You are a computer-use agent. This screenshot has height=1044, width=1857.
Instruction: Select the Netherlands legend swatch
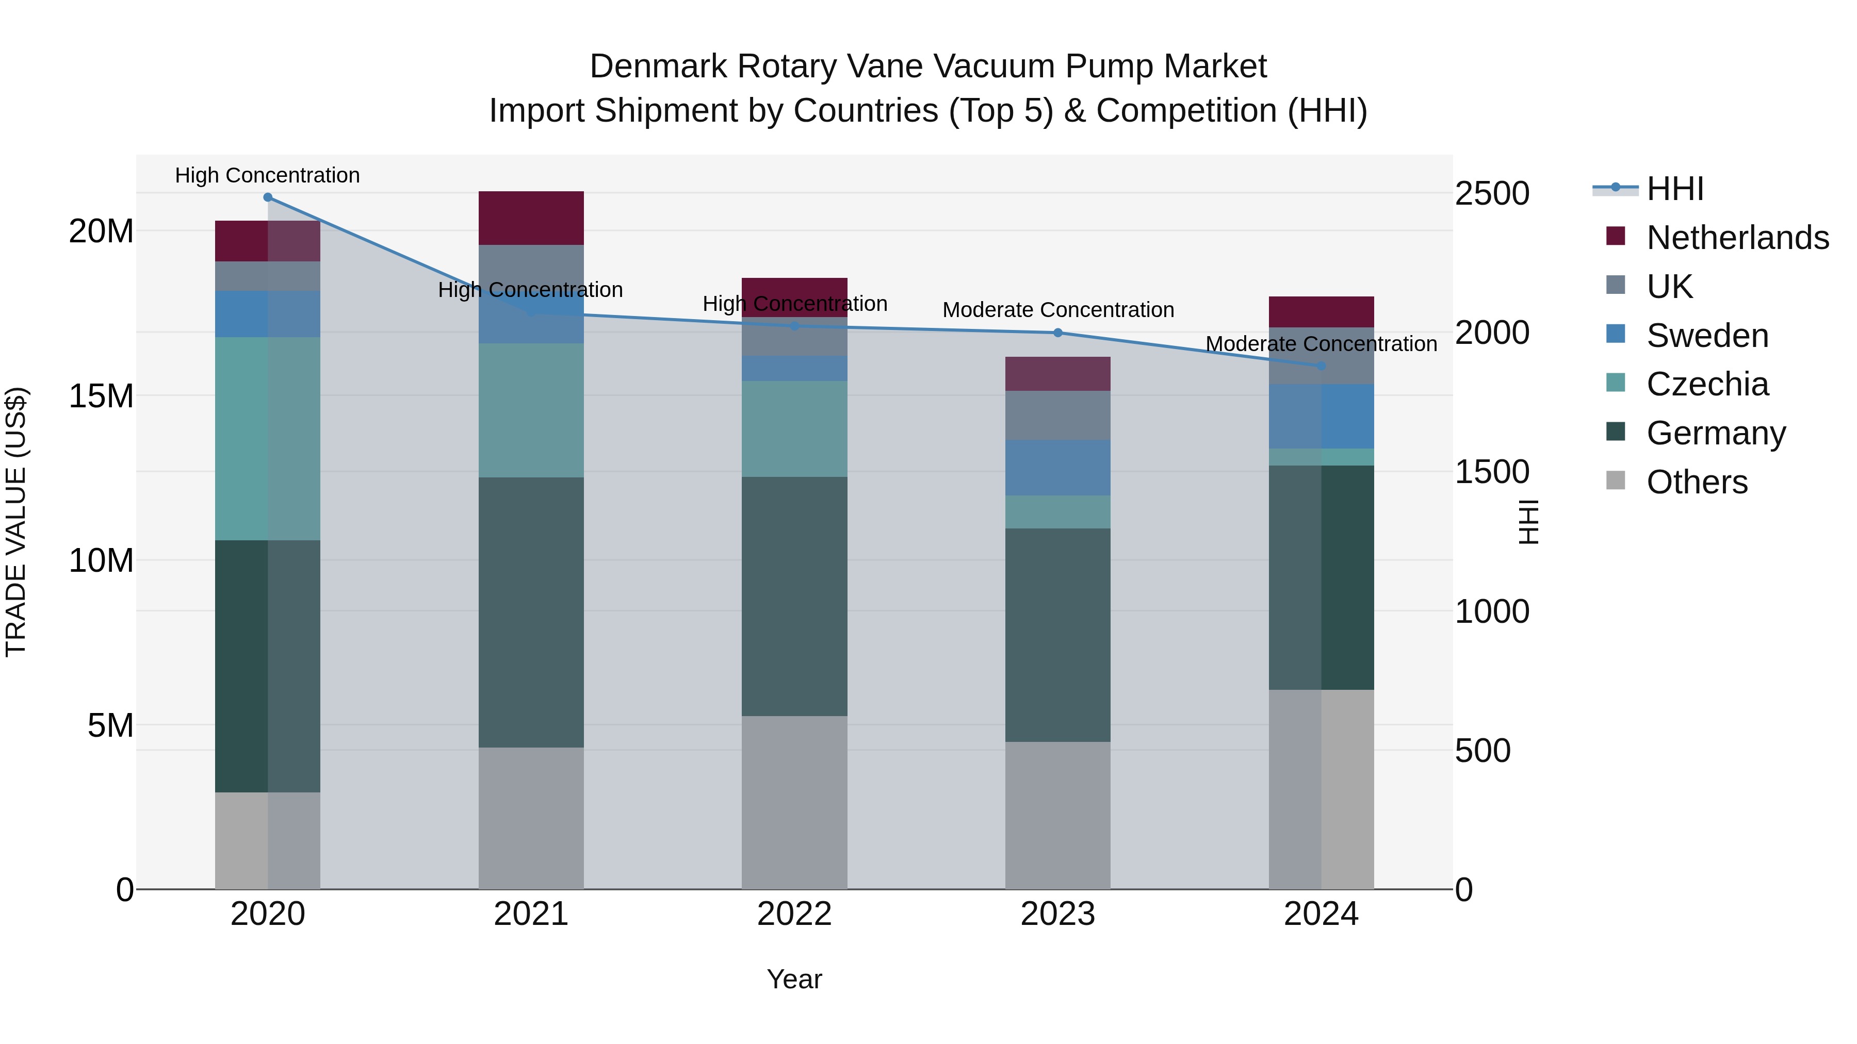click(1616, 236)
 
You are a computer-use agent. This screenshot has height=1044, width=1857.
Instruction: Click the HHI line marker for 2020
click(267, 197)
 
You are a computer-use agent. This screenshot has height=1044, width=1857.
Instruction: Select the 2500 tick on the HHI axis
click(1491, 194)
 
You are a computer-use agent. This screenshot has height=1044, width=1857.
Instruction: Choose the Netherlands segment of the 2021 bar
click(531, 218)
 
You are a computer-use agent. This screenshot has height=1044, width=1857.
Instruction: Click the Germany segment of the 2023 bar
click(1057, 634)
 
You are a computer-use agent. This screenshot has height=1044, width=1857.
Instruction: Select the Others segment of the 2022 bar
click(794, 802)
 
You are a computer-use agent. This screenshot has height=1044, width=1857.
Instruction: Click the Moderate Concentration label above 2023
click(1057, 310)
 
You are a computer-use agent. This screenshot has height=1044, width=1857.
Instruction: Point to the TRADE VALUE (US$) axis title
click(16, 522)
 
